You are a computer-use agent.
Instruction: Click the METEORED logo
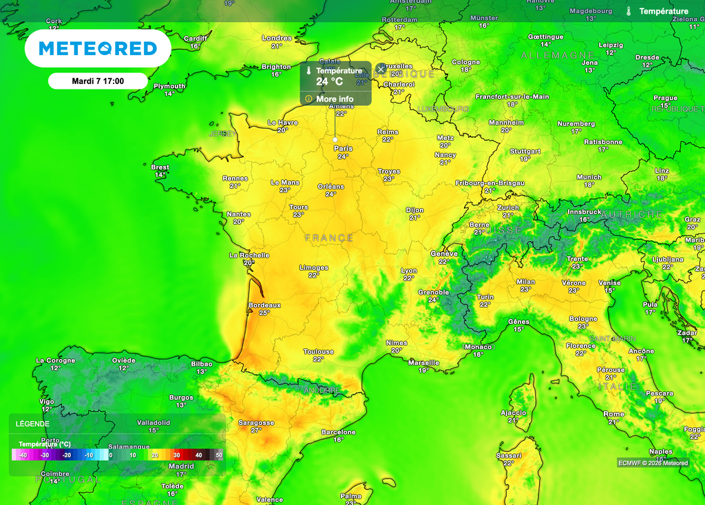(98, 48)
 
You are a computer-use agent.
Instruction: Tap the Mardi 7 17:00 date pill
(98, 81)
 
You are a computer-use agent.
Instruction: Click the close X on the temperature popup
(381, 69)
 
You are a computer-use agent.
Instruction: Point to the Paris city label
(343, 148)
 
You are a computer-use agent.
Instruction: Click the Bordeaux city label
(264, 305)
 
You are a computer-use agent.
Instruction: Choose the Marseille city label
(423, 362)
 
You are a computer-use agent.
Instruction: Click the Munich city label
(589, 177)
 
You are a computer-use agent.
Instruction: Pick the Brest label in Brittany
(160, 167)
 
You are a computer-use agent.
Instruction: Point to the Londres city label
(277, 38)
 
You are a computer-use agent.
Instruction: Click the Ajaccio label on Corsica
(512, 413)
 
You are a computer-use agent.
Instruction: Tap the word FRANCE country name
(329, 238)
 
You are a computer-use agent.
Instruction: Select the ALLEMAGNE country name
(557, 54)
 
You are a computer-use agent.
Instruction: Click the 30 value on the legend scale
(177, 455)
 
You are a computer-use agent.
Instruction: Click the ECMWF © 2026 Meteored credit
(653, 463)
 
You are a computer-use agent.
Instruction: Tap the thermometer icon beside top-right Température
(629, 11)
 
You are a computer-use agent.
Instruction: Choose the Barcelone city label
(339, 432)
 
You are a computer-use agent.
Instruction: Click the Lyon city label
(409, 271)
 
